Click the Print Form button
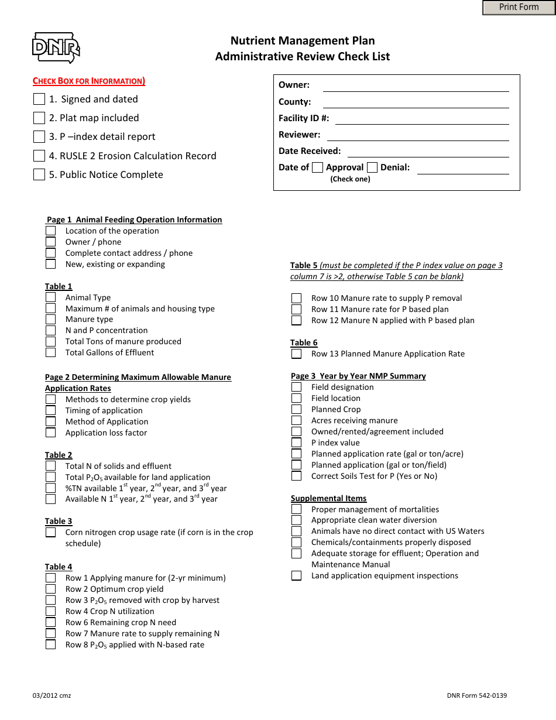[519, 8]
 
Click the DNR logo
[56, 47]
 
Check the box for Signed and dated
[39, 99]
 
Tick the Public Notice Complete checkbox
[39, 174]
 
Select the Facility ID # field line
[421, 119]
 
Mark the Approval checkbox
[317, 167]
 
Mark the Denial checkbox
[372, 167]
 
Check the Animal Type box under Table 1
[51, 297]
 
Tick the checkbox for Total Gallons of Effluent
[51, 352]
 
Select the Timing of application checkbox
[51, 410]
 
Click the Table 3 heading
[59, 521]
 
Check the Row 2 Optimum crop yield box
[51, 589]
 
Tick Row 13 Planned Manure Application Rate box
[297, 354]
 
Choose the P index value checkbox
[297, 443]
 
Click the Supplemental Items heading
[328, 498]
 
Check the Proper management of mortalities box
[297, 509]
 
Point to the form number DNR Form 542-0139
[476, 695]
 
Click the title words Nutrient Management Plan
[303, 40]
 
